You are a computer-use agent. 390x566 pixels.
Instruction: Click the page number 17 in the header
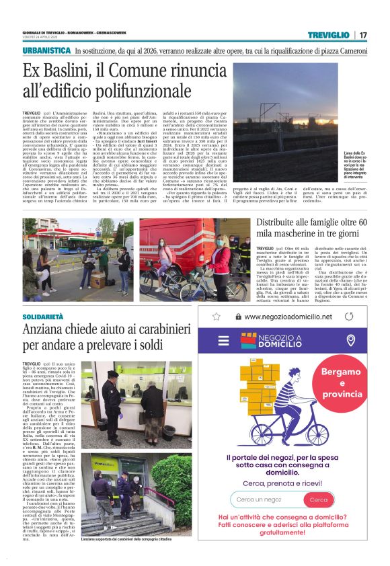[x=363, y=35]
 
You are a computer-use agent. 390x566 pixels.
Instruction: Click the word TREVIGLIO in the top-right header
[x=328, y=35]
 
